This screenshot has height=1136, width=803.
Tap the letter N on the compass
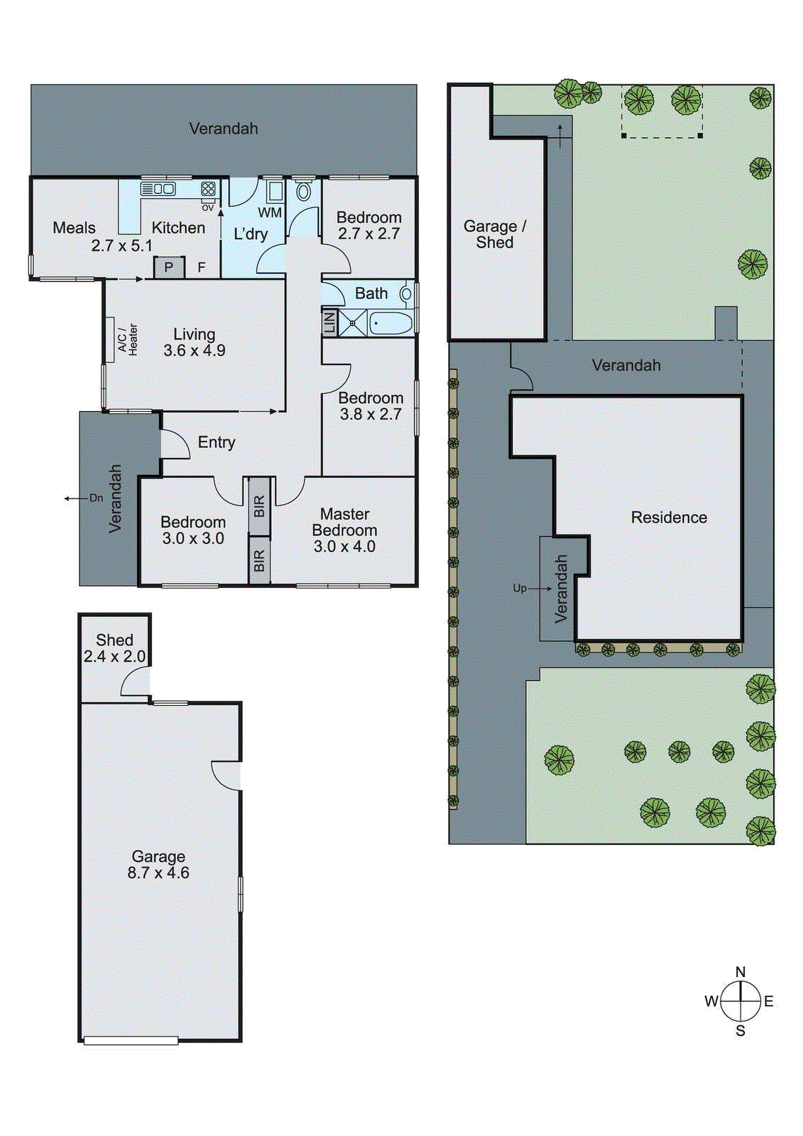(741, 972)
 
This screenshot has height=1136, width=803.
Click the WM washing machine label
(270, 212)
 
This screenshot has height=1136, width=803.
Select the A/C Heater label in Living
(128, 339)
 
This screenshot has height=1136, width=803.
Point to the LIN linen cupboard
(329, 322)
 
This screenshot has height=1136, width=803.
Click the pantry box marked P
(169, 268)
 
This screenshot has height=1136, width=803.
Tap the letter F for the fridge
(202, 268)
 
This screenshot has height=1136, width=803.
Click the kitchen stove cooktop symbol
(207, 189)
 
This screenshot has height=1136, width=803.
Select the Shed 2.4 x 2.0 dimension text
(114, 657)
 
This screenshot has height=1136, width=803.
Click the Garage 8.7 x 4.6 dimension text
(158, 873)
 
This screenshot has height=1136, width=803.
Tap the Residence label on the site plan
(669, 518)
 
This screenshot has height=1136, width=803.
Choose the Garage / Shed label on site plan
(495, 234)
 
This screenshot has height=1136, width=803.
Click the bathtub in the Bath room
(390, 324)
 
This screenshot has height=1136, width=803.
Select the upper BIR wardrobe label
(259, 506)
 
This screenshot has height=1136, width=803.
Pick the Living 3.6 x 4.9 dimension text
(194, 350)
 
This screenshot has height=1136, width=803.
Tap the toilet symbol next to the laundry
(303, 190)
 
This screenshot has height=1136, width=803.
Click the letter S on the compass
(741, 1031)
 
